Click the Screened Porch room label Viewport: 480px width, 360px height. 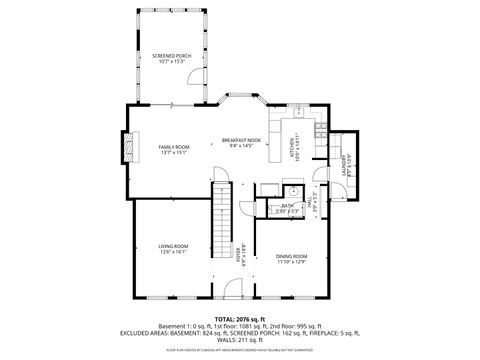tap(172, 59)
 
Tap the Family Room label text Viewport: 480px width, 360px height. tap(173, 149)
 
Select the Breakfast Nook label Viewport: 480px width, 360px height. tap(241, 142)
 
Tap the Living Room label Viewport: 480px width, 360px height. tap(173, 249)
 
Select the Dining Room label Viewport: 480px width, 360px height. tap(291, 259)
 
